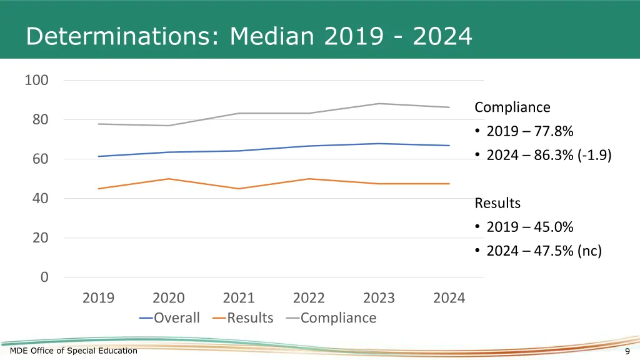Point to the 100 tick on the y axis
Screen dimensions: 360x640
[36, 81]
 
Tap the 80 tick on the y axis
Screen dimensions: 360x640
[41, 119]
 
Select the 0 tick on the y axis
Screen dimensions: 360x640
[44, 277]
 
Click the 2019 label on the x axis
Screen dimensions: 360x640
[98, 298]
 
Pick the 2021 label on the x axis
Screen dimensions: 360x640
[239, 298]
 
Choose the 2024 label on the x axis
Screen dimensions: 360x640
[449, 298]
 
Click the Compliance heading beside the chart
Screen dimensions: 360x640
[512, 107]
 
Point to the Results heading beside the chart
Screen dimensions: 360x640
[497, 203]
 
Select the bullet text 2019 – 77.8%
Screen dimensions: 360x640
[529, 131]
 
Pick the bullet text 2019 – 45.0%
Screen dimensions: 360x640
[529, 227]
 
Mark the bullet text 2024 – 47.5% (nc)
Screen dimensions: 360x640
[544, 251]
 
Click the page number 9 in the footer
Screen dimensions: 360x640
[627, 351]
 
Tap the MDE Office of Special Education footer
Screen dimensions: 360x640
[74, 351]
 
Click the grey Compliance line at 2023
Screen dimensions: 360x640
[379, 104]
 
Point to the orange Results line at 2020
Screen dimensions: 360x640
[169, 179]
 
